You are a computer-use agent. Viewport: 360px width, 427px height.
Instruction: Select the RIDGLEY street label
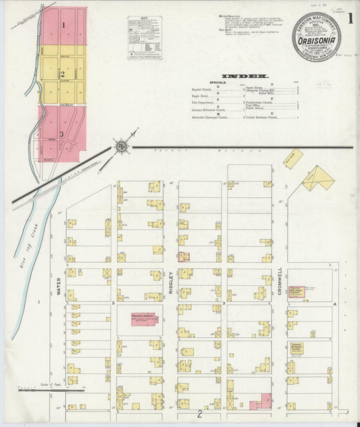pyautogui.click(x=171, y=283)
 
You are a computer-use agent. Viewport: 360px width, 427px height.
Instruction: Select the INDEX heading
pyautogui.click(x=246, y=76)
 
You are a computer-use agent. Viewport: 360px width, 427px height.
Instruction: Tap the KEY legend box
pyautogui.click(x=145, y=38)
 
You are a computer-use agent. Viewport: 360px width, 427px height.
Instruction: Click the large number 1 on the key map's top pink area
pyautogui.click(x=63, y=25)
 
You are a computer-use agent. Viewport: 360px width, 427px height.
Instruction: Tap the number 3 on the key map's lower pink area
pyautogui.click(x=61, y=134)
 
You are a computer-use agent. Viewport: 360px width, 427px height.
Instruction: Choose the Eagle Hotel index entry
pyautogui.click(x=201, y=96)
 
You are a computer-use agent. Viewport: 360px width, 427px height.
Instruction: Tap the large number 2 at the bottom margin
pyautogui.click(x=200, y=413)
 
